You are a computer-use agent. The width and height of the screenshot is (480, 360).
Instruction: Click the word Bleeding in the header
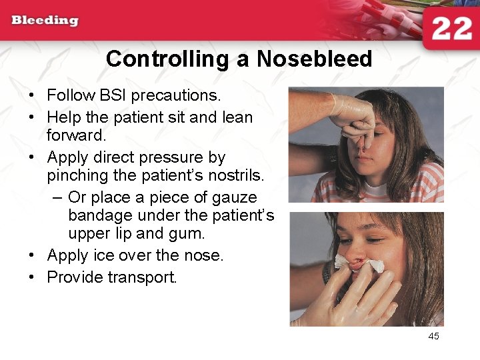pos(45,20)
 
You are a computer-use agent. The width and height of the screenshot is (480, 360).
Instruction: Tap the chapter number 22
pos(451,29)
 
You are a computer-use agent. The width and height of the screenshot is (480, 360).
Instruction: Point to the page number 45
pos(433,336)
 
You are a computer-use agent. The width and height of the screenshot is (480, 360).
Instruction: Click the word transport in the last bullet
pos(143,277)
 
